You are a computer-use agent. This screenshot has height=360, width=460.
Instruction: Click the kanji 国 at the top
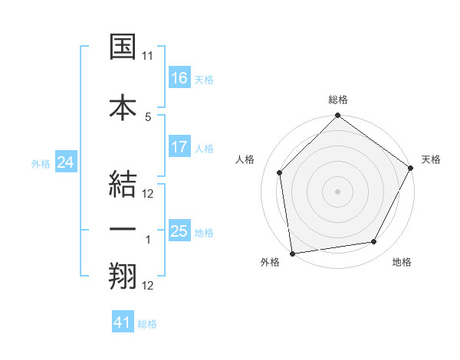123,47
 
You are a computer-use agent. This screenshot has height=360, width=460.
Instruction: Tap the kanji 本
123,106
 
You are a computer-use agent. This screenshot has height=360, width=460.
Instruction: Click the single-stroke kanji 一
123,229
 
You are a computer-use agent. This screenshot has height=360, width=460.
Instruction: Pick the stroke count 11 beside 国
148,56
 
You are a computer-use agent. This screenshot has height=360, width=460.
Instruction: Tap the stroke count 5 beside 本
148,116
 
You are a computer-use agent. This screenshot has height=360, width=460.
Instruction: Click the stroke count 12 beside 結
148,193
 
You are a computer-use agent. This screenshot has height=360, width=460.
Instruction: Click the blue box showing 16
179,77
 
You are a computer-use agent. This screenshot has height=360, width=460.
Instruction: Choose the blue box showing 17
179,146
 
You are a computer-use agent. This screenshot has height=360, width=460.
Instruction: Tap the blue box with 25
179,231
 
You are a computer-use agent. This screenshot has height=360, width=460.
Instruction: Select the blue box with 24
65,162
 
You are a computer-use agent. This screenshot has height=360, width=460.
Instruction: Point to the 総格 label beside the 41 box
147,324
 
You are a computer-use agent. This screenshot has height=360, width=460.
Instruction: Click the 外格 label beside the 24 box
41,163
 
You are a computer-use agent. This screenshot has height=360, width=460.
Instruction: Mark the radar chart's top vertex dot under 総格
337,116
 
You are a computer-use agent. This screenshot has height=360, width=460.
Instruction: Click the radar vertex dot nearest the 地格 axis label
374,242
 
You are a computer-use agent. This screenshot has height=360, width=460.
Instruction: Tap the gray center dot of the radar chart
337,191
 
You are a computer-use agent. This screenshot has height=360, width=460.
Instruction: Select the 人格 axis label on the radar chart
245,159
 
